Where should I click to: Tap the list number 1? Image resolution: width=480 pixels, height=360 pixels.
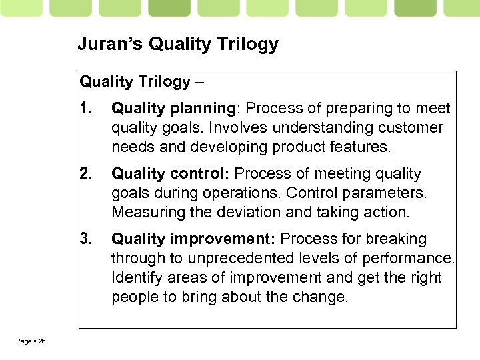point(84,108)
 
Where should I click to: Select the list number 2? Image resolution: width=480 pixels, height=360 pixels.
point(85,173)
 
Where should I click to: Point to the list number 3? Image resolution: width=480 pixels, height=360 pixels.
point(85,239)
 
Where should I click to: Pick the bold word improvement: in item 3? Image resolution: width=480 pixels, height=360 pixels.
point(224,239)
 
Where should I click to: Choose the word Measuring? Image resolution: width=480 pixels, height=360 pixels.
point(144,212)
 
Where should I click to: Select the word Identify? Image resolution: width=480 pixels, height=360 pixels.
point(134,277)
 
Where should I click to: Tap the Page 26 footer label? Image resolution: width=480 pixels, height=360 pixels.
point(31,341)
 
